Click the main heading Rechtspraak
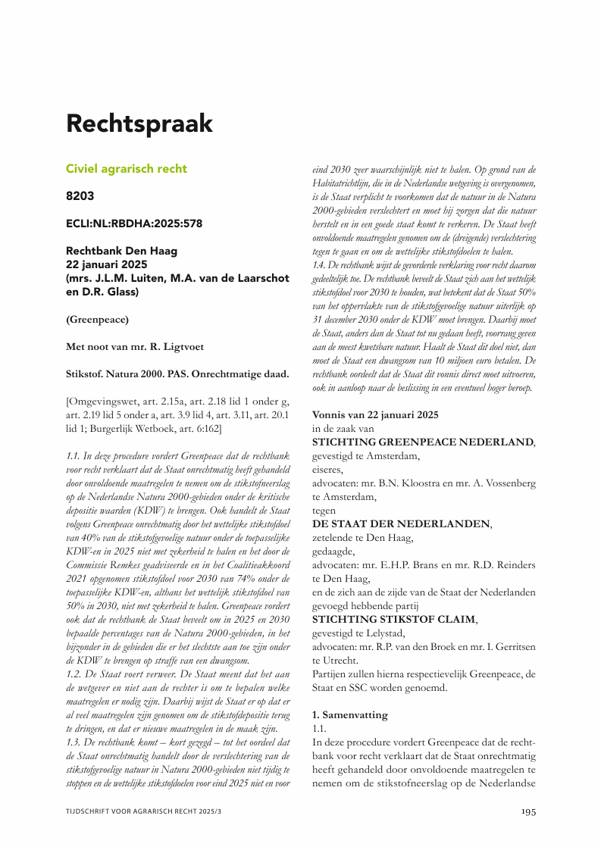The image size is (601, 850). coord(139,123)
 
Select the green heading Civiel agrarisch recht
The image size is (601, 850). coord(126,169)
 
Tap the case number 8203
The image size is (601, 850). coord(80,196)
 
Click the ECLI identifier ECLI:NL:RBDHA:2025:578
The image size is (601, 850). coord(133,223)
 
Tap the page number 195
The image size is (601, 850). coord(528,811)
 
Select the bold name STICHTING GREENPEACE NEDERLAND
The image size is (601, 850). coord(423,442)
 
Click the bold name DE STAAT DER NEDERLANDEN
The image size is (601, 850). coord(401,523)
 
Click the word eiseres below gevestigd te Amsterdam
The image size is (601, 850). coord(328,469)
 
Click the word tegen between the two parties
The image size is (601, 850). coord(325,510)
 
